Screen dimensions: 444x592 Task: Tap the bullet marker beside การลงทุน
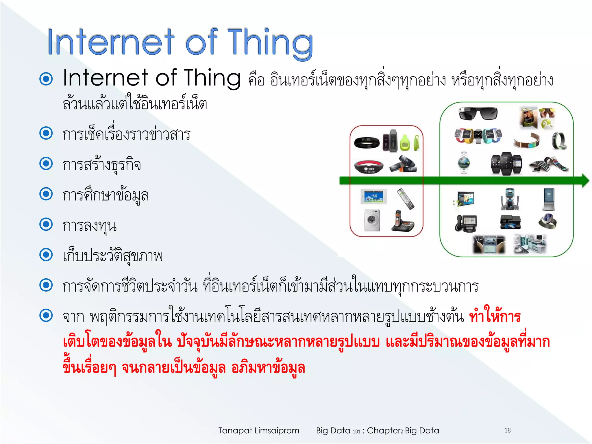tap(46, 224)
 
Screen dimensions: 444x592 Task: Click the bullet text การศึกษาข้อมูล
tap(106, 195)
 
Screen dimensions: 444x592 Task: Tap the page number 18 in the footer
tap(508, 430)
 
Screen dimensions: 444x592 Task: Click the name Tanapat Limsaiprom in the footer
tap(259, 430)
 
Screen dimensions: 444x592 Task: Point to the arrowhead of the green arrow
tap(585, 181)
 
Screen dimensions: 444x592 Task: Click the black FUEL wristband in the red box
tap(367, 143)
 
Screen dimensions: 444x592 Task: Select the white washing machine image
tap(372, 220)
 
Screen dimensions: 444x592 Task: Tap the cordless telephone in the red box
tap(402, 221)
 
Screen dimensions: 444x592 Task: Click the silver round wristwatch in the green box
tap(464, 163)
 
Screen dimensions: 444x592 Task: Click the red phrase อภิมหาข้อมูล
tap(268, 368)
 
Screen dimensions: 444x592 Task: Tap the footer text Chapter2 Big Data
tap(403, 430)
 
